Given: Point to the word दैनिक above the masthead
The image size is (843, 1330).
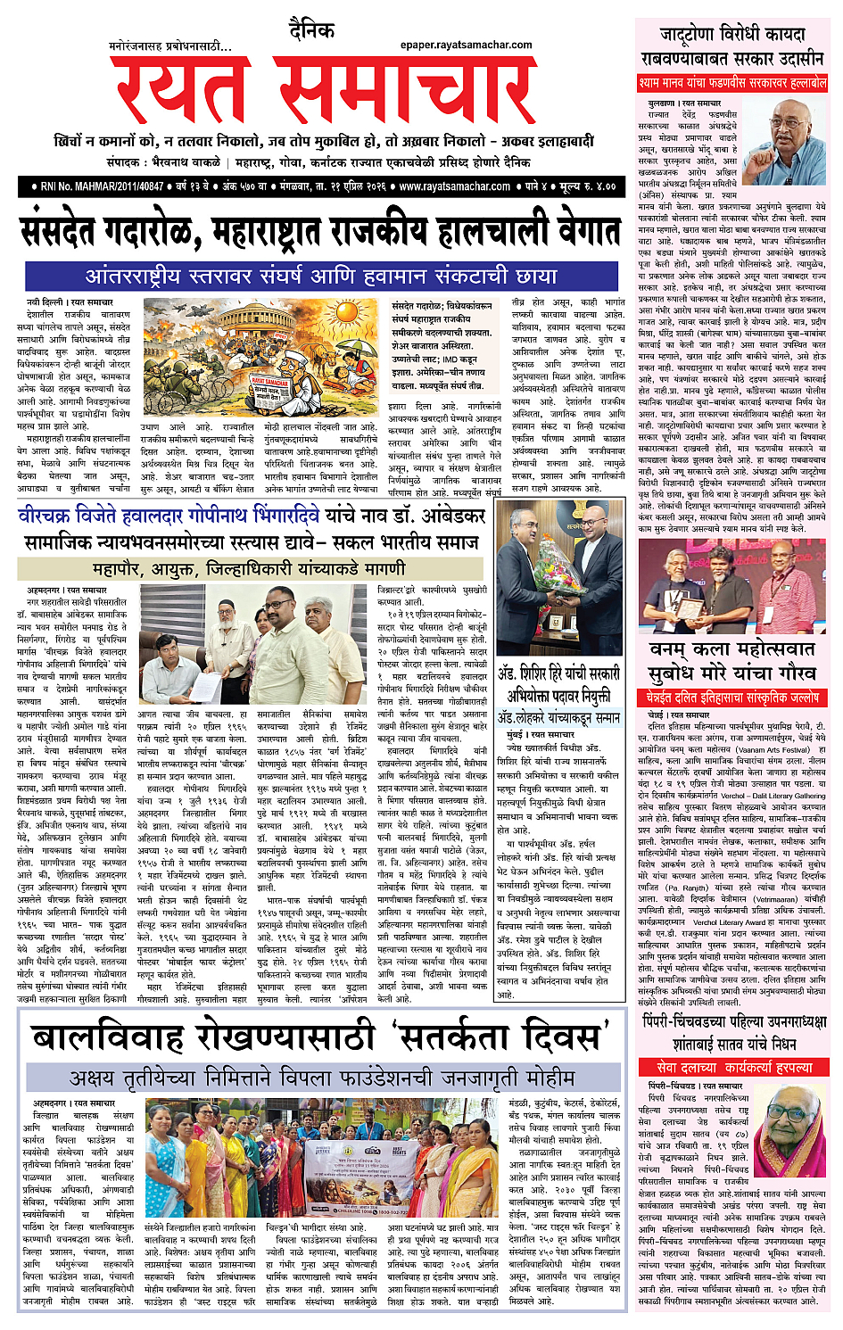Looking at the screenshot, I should pyautogui.click(x=311, y=31).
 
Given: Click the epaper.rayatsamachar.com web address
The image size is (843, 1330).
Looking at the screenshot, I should pyautogui.click(x=466, y=45).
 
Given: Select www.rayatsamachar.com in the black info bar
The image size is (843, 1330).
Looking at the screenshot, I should pyautogui.click(x=454, y=186).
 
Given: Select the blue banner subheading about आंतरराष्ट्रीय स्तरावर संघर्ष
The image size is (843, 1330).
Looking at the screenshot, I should pyautogui.click(x=321, y=276).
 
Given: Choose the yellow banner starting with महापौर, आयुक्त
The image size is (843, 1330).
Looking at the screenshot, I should pyautogui.click(x=249, y=568).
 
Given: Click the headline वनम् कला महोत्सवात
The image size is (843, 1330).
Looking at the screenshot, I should pyautogui.click(x=731, y=650).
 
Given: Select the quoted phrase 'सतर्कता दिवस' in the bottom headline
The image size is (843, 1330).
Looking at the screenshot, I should pyautogui.click(x=500, y=1038).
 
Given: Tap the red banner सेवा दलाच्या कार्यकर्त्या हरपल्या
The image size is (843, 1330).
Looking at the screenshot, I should pyautogui.click(x=733, y=1067).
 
